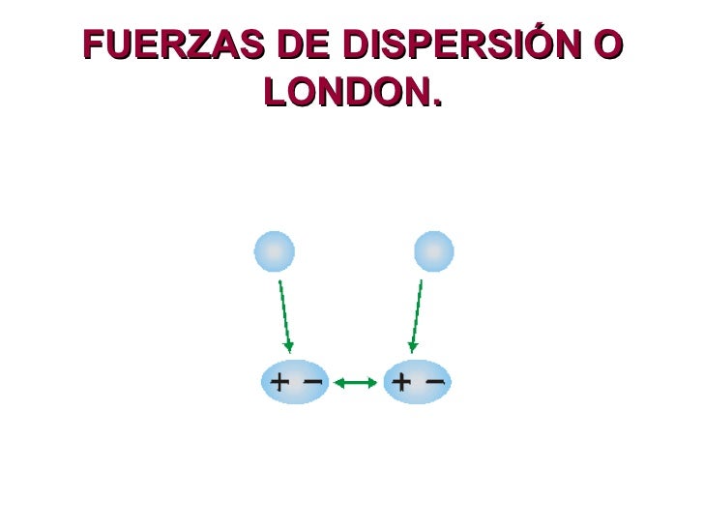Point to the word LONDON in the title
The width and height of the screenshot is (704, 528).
(x=344, y=92)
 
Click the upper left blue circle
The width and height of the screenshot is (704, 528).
(x=274, y=251)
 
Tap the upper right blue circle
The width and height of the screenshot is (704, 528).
(x=434, y=251)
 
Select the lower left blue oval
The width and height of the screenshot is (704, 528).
(x=295, y=382)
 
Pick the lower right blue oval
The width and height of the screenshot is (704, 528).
(x=417, y=382)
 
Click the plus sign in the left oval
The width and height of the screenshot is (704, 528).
(x=279, y=382)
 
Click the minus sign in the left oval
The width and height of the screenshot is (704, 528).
(x=312, y=381)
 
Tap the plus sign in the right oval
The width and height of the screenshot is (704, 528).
(x=400, y=382)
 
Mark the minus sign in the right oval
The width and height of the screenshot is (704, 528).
(x=434, y=381)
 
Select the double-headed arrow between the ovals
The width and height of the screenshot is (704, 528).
(x=355, y=383)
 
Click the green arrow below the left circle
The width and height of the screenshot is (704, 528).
(x=284, y=314)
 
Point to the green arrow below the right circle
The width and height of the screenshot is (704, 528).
(x=417, y=314)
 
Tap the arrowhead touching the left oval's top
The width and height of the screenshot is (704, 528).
(x=288, y=347)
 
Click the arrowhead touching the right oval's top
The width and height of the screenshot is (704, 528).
(x=412, y=347)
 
